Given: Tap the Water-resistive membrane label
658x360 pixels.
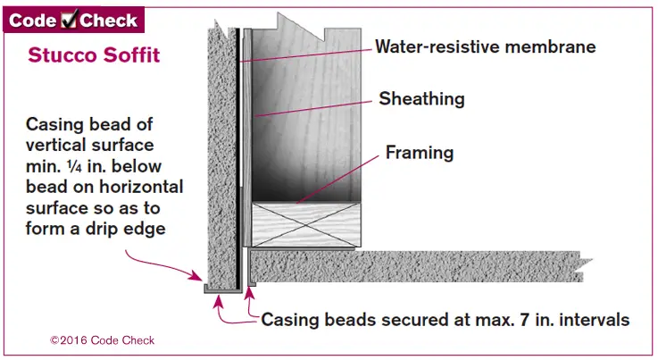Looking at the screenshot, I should click(x=485, y=46).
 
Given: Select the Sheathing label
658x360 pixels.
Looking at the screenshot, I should click(x=421, y=98).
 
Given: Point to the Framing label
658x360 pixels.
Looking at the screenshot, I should click(x=419, y=153).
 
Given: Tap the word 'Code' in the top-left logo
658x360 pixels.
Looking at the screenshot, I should click(x=33, y=20).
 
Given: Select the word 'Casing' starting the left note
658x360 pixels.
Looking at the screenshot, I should click(x=53, y=123).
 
